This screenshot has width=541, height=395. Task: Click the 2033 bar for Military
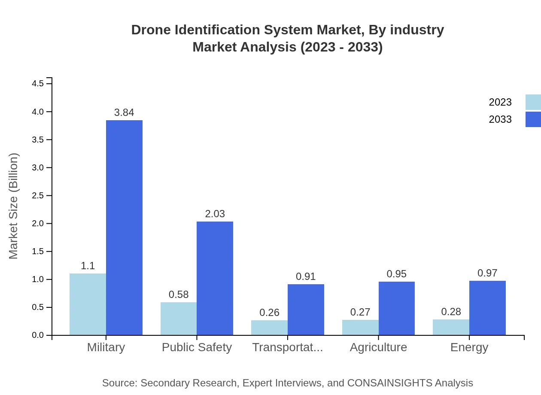pyautogui.click(x=124, y=228)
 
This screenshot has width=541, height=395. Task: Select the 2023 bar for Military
pyautogui.click(x=88, y=304)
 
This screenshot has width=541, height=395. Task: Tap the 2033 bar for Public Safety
pyautogui.click(x=215, y=278)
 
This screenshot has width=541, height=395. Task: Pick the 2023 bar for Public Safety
pyautogui.click(x=179, y=319)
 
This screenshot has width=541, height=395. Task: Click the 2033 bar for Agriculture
pyautogui.click(x=396, y=308)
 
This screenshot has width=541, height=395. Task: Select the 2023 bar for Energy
pyautogui.click(x=451, y=327)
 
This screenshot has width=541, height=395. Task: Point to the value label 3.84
pyautogui.click(x=124, y=112)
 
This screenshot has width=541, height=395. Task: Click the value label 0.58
pyautogui.click(x=179, y=295)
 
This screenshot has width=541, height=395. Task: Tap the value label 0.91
pyautogui.click(x=306, y=276)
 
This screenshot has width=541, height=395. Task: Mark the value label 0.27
pyautogui.click(x=360, y=312)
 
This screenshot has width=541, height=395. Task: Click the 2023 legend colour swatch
pyautogui.click(x=533, y=102)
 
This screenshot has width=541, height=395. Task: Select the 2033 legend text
pyautogui.click(x=500, y=119)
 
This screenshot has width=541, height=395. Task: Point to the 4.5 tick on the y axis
pyautogui.click(x=38, y=84)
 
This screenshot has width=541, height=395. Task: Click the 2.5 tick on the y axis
pyautogui.click(x=38, y=196)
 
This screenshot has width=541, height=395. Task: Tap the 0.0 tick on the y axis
pyautogui.click(x=38, y=335)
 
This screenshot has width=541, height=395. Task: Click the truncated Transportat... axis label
pyautogui.click(x=287, y=347)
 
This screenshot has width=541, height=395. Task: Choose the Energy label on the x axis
pyautogui.click(x=469, y=347)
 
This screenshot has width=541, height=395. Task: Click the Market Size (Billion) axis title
pyautogui.click(x=14, y=206)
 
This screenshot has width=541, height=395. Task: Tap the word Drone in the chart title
pyautogui.click(x=148, y=30)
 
